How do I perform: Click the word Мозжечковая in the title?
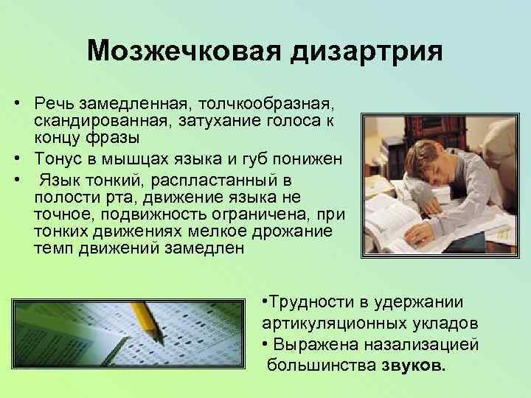pyautogui.click(x=179, y=51)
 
